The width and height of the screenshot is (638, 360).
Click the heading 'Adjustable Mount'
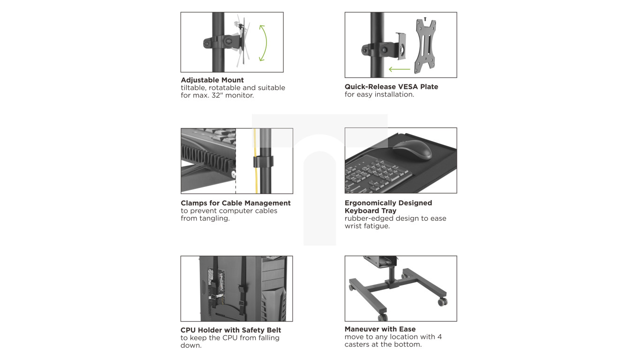point(212,80)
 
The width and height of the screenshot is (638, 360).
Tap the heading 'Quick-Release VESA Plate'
point(391,87)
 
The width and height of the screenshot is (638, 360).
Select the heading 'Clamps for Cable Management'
point(235,203)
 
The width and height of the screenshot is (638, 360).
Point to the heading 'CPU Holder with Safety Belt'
point(231,330)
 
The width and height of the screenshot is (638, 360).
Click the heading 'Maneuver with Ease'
point(380,329)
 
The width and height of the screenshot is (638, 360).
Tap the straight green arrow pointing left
point(399,69)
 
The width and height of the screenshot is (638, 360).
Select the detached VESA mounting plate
point(425,45)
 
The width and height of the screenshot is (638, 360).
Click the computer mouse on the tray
point(412,150)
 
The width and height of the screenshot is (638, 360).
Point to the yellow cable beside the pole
point(256,161)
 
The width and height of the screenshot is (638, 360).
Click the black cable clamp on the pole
point(263,162)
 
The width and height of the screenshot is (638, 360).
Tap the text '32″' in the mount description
point(217,95)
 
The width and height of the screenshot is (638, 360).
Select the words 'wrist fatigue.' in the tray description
point(367,226)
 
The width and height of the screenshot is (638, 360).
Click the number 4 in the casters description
point(440,337)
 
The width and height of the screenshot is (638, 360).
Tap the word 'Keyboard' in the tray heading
point(361,210)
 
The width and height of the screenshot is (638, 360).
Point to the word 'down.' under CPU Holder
point(191,345)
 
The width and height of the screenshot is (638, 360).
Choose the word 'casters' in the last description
point(357,345)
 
